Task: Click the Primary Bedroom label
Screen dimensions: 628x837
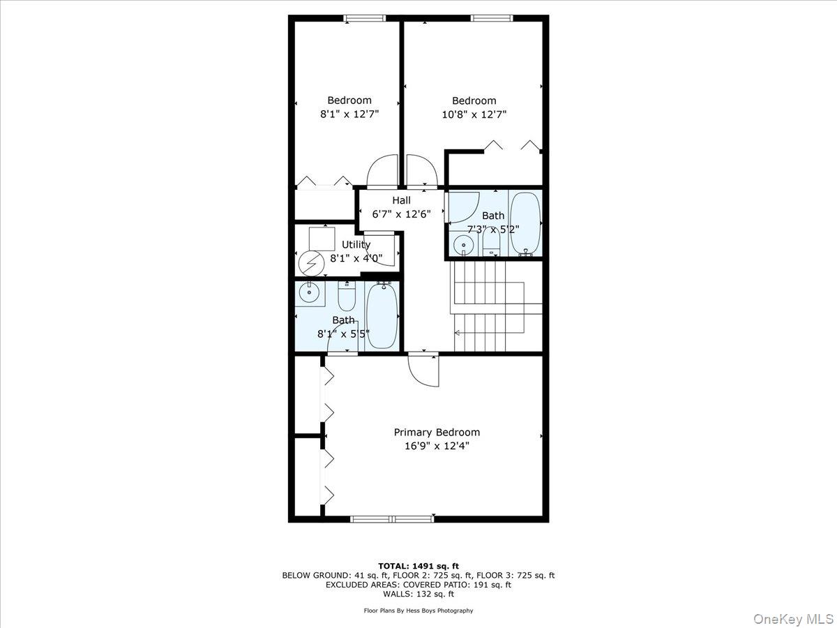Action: [437, 432]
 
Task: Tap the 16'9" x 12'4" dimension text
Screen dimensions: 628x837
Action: [437, 446]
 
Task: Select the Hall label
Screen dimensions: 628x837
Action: [401, 200]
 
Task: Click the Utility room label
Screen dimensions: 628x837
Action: [356, 244]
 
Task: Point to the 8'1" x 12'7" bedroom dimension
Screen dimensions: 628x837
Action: [349, 114]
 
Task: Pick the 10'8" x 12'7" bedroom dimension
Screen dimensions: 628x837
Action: [474, 114]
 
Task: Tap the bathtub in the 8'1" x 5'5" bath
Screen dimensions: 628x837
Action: [382, 315]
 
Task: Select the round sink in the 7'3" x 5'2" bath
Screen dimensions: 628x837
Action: [463, 246]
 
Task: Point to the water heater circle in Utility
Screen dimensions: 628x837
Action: [308, 263]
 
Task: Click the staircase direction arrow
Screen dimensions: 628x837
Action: [458, 334]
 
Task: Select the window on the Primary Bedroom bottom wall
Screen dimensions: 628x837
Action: [392, 518]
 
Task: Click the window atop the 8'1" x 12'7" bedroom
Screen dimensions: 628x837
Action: [364, 18]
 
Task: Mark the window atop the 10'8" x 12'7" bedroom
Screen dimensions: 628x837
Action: [492, 18]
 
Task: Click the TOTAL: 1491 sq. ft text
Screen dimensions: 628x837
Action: [418, 566]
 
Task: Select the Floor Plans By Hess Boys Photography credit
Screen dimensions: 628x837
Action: [418, 611]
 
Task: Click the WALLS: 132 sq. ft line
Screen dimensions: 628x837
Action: [418, 595]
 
